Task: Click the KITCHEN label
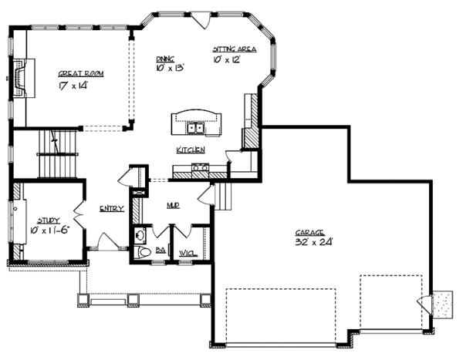(190, 150)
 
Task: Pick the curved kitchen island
(195, 120)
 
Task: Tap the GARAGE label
(309, 232)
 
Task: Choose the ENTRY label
(111, 209)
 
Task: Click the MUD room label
(174, 206)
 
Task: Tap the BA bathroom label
(161, 250)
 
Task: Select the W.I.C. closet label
(186, 251)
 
